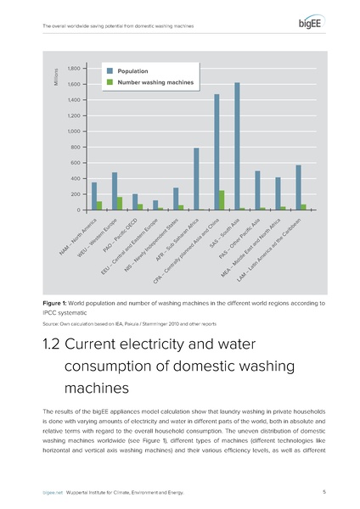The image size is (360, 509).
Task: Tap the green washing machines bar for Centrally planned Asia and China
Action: pyautogui.click(x=222, y=200)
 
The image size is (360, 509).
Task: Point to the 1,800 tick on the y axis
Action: pyautogui.click(x=74, y=69)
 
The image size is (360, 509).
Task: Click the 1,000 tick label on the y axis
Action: pyautogui.click(x=74, y=131)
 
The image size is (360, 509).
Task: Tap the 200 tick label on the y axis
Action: pyautogui.click(x=76, y=194)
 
